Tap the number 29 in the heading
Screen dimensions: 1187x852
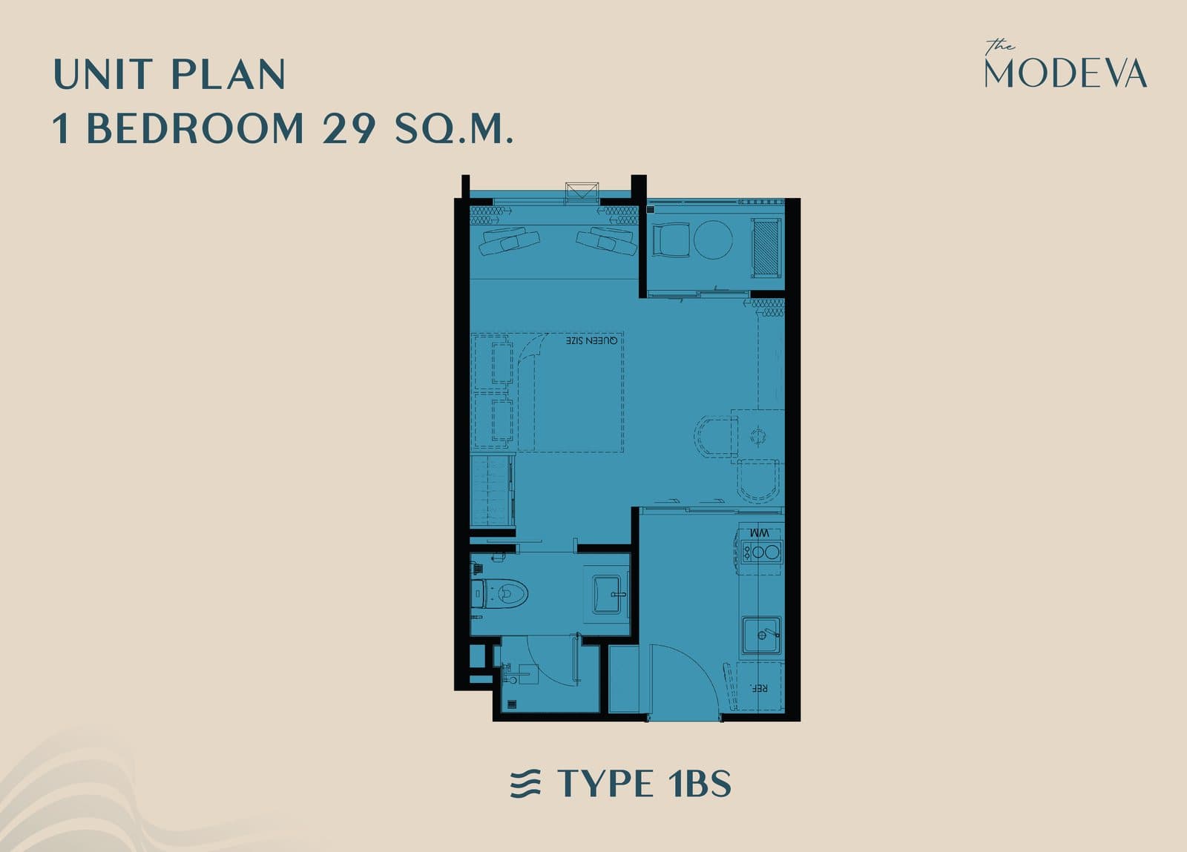(x=349, y=128)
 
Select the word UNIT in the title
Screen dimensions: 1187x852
(x=104, y=74)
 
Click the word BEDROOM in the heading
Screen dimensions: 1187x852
(x=195, y=128)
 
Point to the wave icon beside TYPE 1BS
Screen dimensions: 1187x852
(x=525, y=783)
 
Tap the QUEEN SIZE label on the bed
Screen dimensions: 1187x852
(x=591, y=340)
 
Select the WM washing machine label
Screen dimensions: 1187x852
(x=760, y=532)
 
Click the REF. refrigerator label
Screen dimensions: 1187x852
(x=759, y=688)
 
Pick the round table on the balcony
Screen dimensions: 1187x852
(x=713, y=240)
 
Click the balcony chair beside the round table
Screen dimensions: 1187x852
(x=671, y=240)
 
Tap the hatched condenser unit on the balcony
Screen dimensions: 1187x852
(x=766, y=247)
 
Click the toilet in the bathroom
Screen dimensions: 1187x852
(x=499, y=593)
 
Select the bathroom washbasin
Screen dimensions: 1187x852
(x=608, y=594)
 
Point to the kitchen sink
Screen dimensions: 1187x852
(x=761, y=635)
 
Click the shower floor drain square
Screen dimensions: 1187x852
(x=512, y=704)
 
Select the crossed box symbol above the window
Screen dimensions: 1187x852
(x=582, y=192)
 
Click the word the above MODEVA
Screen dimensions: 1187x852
(x=999, y=47)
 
